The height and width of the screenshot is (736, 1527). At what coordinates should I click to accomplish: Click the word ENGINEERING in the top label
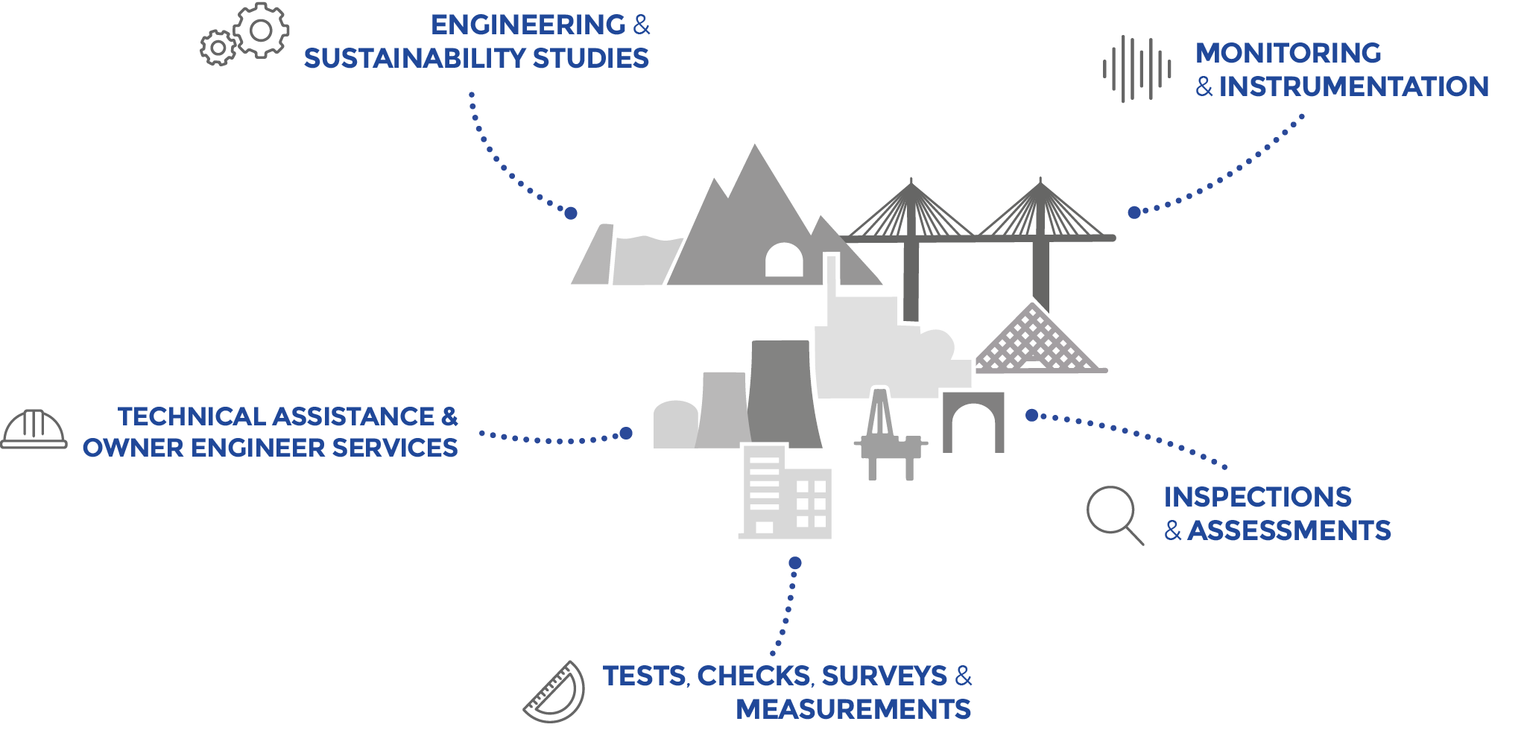tap(528, 25)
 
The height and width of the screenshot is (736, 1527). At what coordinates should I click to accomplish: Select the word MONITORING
tap(1289, 54)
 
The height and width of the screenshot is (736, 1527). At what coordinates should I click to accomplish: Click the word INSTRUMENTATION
tap(1353, 86)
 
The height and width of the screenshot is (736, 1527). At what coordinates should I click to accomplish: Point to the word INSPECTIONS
tap(1258, 497)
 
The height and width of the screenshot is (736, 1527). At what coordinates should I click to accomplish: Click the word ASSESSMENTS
tap(1289, 530)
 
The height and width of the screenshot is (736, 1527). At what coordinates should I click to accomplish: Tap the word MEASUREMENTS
tap(853, 708)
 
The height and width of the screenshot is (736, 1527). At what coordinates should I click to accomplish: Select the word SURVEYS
tap(884, 676)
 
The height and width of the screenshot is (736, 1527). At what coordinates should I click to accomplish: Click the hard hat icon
tap(34, 430)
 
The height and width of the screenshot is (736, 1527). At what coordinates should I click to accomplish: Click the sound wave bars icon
tap(1136, 69)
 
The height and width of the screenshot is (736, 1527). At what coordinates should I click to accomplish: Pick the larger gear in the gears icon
tap(261, 31)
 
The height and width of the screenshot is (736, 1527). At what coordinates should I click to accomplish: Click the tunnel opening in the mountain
tap(784, 261)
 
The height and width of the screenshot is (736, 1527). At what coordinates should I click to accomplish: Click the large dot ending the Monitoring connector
tap(1134, 212)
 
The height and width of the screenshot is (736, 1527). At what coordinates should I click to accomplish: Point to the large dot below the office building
tap(795, 562)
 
